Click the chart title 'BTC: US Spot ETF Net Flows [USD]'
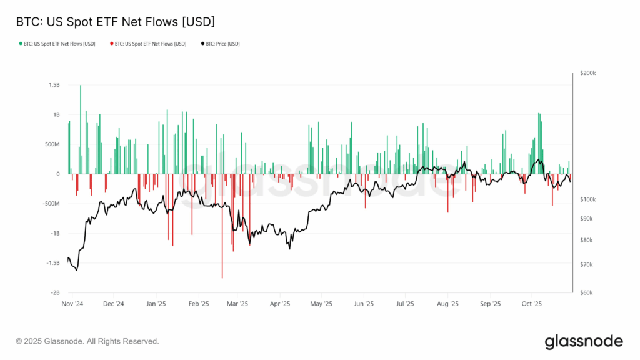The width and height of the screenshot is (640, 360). (x=115, y=22)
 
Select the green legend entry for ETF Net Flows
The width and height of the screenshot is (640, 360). (x=57, y=44)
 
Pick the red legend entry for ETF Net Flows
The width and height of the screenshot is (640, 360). (x=148, y=44)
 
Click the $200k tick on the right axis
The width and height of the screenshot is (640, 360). (x=588, y=73)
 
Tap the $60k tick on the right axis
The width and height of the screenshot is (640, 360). (x=587, y=292)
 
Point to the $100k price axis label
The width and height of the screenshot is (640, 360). (x=588, y=199)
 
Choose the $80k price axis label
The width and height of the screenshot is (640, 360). (x=587, y=241)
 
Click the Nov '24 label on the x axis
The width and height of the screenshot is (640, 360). (x=72, y=304)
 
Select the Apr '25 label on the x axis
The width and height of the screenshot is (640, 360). (x=280, y=304)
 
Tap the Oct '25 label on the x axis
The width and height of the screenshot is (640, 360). (x=531, y=304)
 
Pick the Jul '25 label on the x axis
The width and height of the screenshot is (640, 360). (x=405, y=304)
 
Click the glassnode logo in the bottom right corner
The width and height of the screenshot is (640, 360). (x=584, y=341)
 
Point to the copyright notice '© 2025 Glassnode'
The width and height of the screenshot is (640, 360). (x=87, y=341)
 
